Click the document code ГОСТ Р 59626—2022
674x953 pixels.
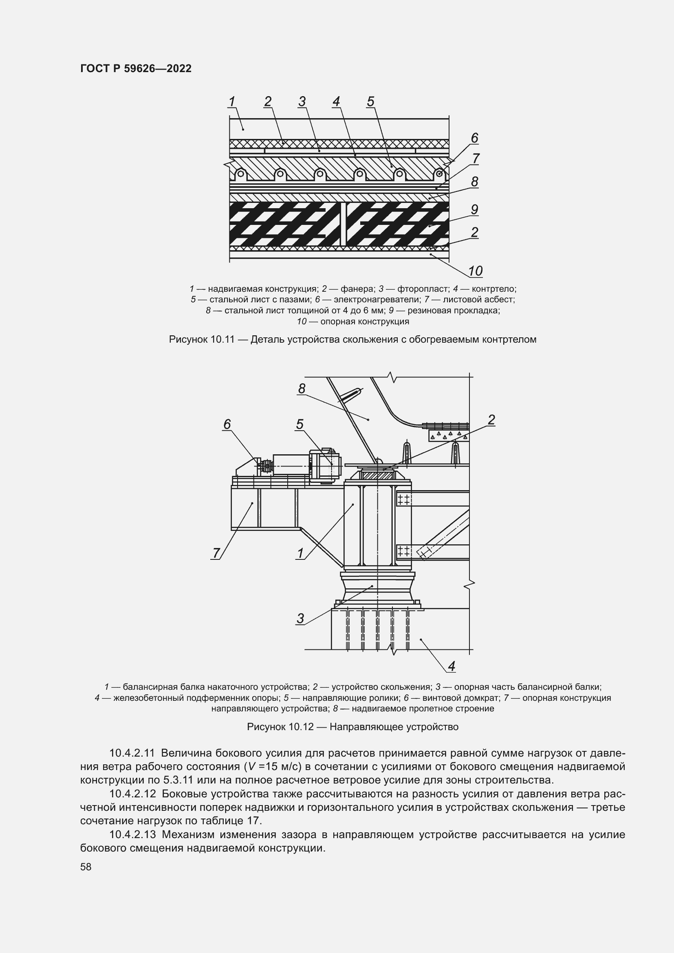click(136, 68)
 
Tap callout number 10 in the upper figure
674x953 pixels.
click(475, 271)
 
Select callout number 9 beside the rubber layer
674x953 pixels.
click(475, 209)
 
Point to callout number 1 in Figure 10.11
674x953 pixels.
click(231, 101)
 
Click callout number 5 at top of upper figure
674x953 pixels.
click(370, 101)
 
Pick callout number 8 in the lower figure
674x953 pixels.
click(302, 389)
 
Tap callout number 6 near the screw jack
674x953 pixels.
click(227, 424)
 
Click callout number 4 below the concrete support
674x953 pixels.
click(452, 666)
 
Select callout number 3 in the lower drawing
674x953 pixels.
click(300, 618)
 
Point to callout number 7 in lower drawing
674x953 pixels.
click(216, 553)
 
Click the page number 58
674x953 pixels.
click(86, 867)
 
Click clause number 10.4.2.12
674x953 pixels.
click(132, 794)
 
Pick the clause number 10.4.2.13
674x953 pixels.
click(132, 835)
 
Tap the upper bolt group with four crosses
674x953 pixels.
click(403, 500)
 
